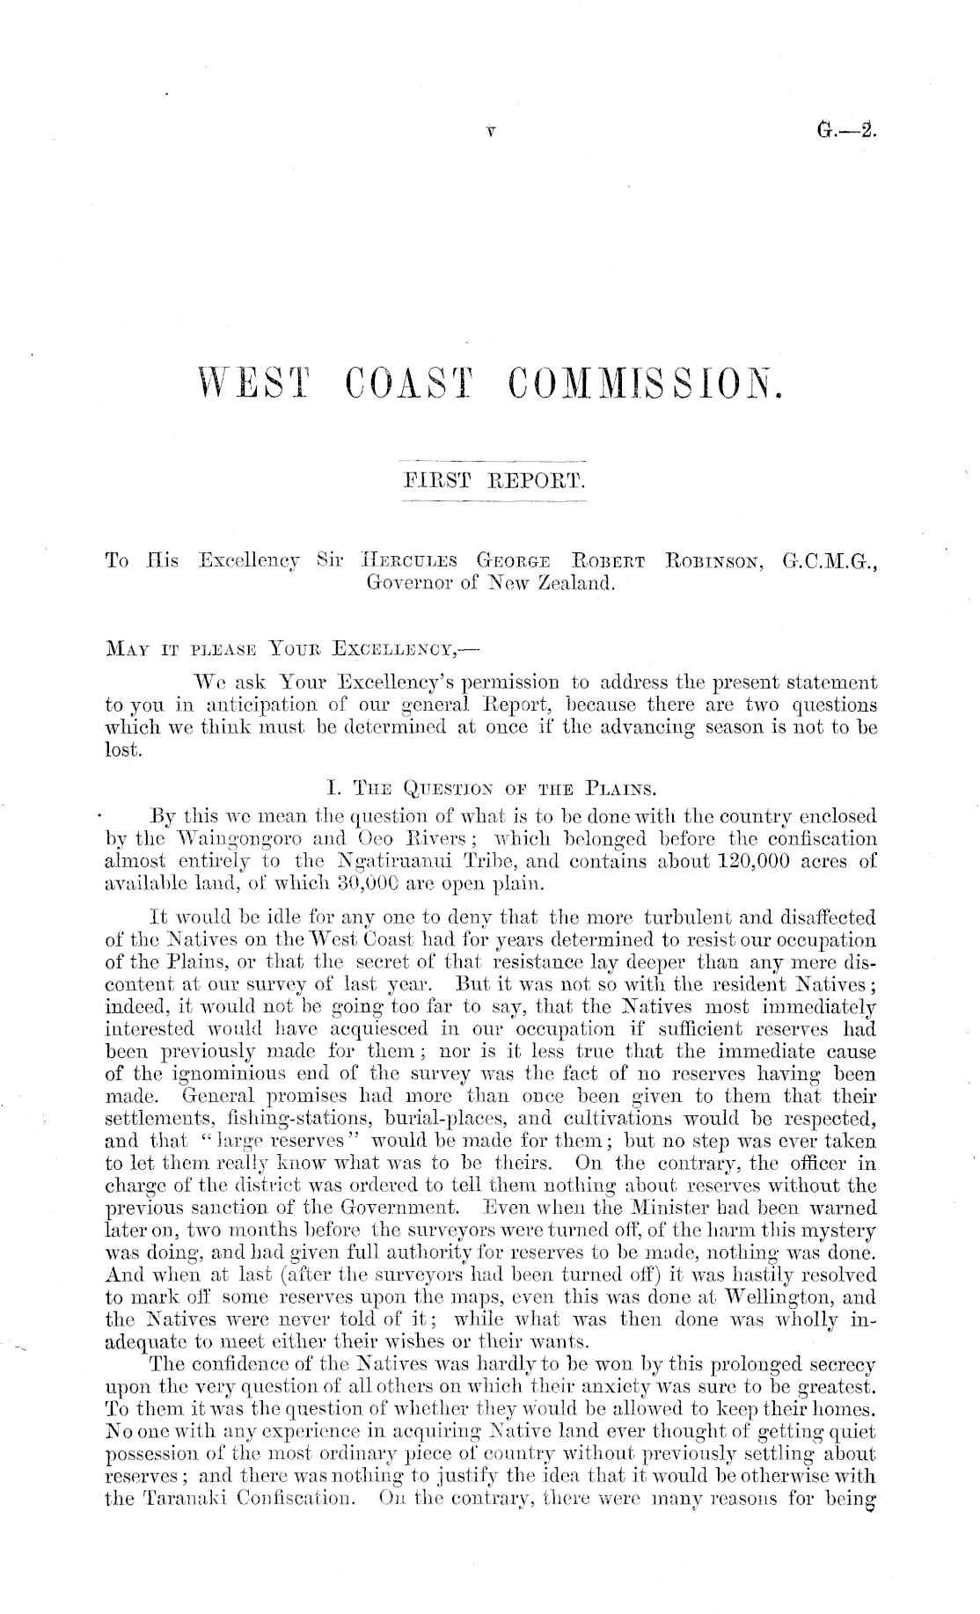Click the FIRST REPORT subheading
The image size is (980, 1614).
[x=493, y=481]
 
